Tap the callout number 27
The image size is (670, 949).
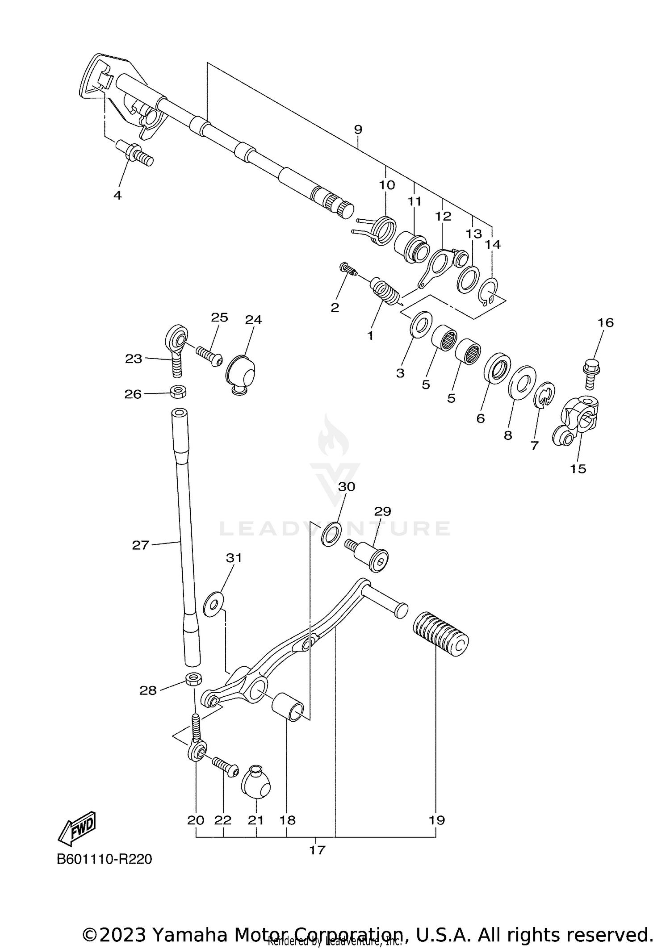pyautogui.click(x=140, y=545)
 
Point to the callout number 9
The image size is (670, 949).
pyautogui.click(x=358, y=130)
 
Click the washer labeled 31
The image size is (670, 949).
pyautogui.click(x=214, y=604)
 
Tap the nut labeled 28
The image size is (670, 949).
pyautogui.click(x=193, y=679)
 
